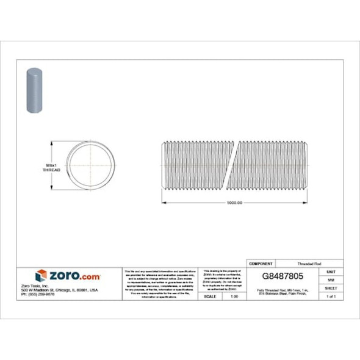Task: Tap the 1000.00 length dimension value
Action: [234, 203]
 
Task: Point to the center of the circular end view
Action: [91, 167]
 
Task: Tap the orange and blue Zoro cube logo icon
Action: [41, 275]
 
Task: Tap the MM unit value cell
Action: [331, 279]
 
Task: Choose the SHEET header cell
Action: [331, 287]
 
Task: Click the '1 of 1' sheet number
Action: [331, 296]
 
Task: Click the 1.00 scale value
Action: [234, 296]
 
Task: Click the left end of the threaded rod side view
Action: [164, 165]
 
